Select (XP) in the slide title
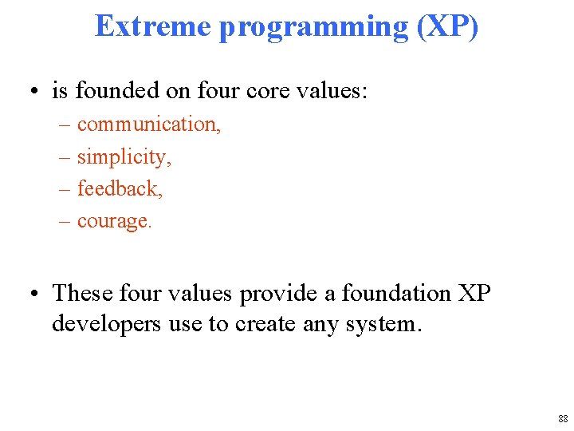448,27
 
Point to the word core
269,91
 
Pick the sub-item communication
149,125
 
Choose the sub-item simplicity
124,157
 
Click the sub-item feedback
120,188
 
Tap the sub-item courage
114,221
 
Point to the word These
81,293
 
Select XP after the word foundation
475,293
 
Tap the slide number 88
563,418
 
